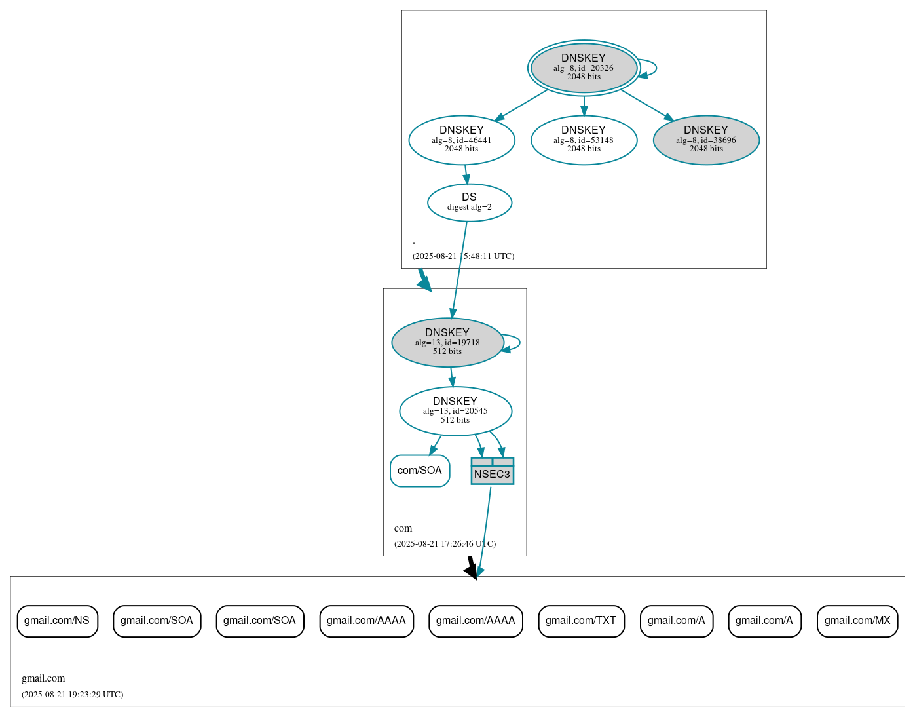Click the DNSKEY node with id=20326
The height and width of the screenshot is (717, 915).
584,68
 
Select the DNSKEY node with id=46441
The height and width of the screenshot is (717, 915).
462,140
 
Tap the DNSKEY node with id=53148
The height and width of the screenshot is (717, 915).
584,140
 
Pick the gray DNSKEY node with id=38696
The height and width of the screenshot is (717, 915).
706,140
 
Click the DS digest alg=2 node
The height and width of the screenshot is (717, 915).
469,203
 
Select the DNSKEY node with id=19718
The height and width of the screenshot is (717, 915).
447,342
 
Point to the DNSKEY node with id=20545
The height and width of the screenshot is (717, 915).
455,411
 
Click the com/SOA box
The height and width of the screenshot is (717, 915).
420,471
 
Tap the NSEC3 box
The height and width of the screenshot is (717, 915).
492,471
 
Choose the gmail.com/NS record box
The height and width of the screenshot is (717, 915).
57,621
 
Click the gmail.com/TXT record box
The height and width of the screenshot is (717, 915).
581,621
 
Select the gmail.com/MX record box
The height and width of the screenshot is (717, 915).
857,621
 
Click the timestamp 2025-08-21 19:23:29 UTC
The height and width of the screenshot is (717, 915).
72,695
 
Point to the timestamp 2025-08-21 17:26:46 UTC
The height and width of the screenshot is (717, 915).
445,544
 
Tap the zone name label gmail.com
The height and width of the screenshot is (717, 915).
43,678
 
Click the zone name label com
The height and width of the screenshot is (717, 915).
403,528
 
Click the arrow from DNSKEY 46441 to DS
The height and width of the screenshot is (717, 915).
466,174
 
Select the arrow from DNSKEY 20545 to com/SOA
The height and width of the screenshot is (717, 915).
435,445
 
